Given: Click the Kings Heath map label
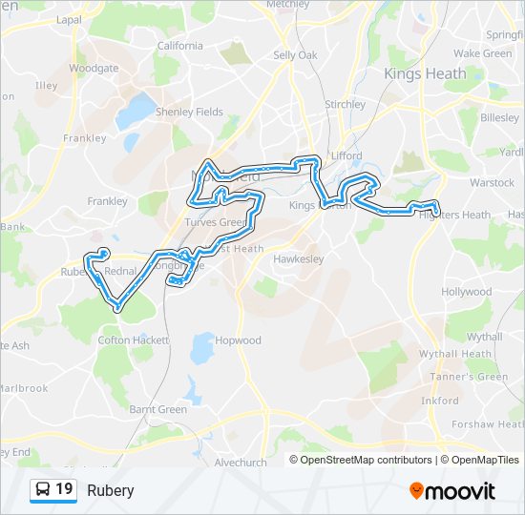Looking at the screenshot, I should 425,73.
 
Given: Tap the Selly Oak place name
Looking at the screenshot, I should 295,55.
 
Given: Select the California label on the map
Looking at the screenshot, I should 179,46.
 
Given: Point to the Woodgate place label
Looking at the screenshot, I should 94,69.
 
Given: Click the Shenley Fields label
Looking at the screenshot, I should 189,112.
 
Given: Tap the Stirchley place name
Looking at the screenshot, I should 345,104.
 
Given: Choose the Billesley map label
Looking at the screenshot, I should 499,117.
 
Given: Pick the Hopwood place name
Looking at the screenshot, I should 238,340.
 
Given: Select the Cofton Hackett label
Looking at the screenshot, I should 133,340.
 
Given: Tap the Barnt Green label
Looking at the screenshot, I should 157,409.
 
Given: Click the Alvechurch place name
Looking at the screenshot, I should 241,463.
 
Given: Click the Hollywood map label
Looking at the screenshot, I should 466,292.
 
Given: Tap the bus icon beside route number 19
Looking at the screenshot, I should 43,490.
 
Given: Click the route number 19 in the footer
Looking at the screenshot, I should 64,489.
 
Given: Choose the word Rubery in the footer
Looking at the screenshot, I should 111,490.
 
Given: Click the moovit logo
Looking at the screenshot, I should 452,490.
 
